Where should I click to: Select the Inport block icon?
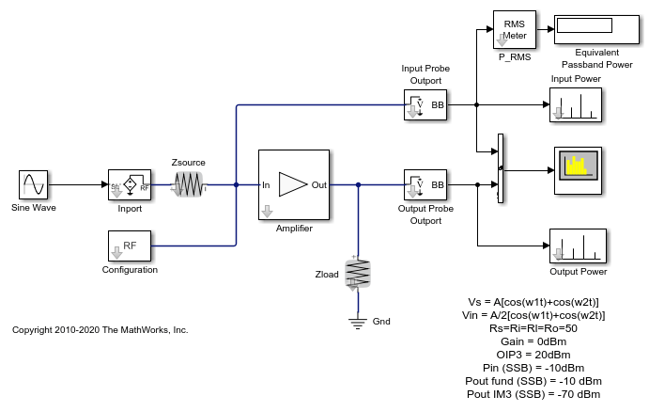click(131, 185)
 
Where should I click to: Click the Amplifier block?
click(293, 184)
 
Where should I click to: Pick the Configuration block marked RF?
click(131, 246)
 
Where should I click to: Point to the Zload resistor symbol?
click(358, 274)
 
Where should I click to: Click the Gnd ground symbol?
click(358, 322)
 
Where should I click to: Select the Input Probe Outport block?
click(425, 104)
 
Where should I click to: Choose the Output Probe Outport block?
click(425, 185)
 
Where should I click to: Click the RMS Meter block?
click(514, 30)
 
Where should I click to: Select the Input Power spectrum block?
click(575, 104)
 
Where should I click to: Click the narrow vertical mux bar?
click(500, 167)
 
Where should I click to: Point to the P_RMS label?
click(514, 56)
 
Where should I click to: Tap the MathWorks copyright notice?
click(100, 330)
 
